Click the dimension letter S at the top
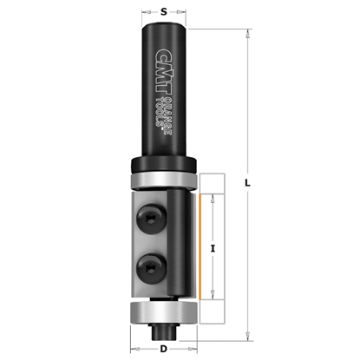pos(164,12)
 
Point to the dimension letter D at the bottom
pos(162,347)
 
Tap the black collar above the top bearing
pos(163,165)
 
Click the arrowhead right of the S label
pos(184,12)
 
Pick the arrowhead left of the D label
pos(133,347)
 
